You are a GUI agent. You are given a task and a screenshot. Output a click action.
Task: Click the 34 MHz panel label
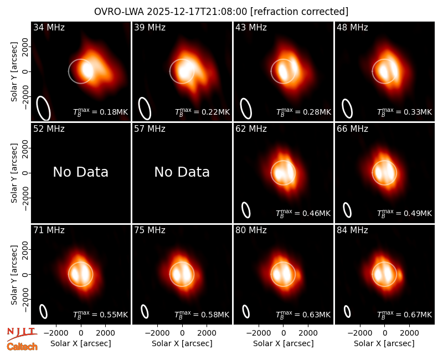(49, 27)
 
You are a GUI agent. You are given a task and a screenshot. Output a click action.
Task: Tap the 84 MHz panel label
(352, 230)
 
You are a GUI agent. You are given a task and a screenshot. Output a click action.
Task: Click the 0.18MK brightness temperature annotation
(101, 112)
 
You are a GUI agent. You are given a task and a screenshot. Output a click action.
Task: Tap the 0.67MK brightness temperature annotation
(405, 314)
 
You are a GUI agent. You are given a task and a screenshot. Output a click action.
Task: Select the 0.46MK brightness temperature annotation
(303, 213)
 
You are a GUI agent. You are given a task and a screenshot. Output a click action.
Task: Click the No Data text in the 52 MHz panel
(80, 172)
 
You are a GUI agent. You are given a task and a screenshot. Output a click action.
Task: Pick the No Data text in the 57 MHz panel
(182, 172)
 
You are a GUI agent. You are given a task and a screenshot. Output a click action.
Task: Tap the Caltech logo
(22, 347)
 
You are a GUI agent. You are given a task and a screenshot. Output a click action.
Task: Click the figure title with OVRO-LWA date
(221, 12)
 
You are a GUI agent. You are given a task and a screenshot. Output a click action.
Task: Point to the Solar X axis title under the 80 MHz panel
(284, 343)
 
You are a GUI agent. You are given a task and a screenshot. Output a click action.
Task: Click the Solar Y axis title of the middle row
(14, 173)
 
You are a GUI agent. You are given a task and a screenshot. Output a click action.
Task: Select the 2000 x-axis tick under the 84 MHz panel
(409, 333)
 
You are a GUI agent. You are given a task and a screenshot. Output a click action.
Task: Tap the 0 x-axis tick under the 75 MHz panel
(182, 333)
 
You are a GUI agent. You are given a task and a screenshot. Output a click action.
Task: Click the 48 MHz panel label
(352, 27)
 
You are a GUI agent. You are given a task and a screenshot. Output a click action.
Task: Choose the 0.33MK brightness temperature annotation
(405, 112)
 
